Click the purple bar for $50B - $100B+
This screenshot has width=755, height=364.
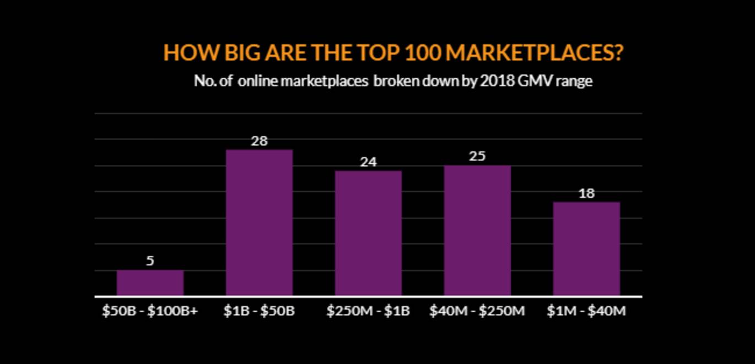tap(150, 283)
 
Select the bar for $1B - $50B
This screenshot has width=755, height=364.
tap(259, 223)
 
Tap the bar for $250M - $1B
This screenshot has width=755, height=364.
tap(368, 233)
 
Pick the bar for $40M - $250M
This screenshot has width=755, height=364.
tap(477, 231)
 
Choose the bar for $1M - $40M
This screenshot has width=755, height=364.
tap(586, 249)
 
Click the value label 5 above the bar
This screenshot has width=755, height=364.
tap(150, 261)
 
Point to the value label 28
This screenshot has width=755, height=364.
tap(259, 141)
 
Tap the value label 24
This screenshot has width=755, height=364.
tap(368, 162)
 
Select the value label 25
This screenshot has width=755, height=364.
tap(477, 157)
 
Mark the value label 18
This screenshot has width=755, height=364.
tap(586, 194)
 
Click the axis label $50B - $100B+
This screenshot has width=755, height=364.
tap(150, 311)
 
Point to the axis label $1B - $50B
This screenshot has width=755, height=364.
tap(259, 311)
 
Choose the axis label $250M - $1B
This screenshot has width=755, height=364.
tap(368, 311)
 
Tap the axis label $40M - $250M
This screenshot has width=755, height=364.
tap(477, 311)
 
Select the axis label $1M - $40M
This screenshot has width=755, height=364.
tap(586, 311)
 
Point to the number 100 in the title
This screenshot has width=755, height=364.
tap(422, 53)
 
